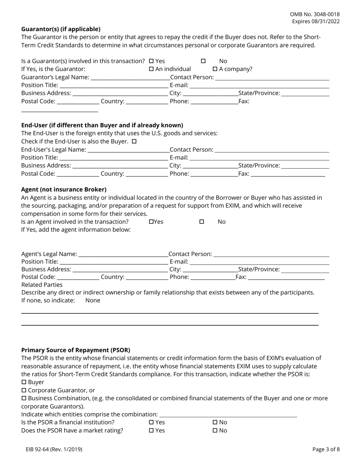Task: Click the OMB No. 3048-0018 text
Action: tap(315, 14)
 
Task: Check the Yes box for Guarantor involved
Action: tap(151, 61)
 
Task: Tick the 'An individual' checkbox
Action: tap(151, 69)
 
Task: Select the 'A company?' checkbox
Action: tap(215, 69)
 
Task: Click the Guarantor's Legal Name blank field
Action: tap(130, 77)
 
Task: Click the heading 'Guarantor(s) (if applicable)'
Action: tap(61, 29)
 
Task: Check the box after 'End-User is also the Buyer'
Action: tap(134, 141)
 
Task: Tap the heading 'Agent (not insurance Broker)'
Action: tap(64, 189)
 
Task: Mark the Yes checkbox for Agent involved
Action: tap(151, 222)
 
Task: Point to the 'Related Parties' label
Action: tap(42, 285)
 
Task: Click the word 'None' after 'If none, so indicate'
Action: tap(93, 300)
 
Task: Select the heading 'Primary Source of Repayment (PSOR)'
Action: tap(76, 350)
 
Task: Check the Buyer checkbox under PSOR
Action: tap(24, 382)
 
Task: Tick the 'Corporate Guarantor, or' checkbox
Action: tap(24, 390)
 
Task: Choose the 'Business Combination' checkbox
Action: tap(24, 398)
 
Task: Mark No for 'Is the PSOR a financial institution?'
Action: tap(215, 422)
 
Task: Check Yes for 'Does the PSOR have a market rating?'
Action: tap(151, 431)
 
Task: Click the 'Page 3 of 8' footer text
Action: tap(326, 449)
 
